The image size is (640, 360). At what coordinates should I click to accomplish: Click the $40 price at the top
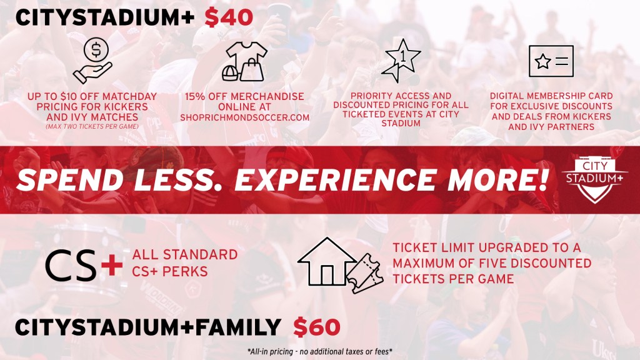229,17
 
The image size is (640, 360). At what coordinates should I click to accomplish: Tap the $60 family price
317,327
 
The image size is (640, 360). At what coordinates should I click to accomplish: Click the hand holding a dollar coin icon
92,61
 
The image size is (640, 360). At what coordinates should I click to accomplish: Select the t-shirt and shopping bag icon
244,61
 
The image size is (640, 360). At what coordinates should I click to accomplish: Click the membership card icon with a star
551,61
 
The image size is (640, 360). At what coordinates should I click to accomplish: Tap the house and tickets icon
341,265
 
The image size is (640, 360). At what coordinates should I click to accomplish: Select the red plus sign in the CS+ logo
112,265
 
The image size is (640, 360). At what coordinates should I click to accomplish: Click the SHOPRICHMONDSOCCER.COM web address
245,117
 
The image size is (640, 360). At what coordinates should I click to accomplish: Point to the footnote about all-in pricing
319,351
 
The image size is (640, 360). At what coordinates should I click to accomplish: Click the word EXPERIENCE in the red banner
336,179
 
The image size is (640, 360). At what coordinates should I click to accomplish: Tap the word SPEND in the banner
70,179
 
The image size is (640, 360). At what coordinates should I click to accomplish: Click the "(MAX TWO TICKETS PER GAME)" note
92,126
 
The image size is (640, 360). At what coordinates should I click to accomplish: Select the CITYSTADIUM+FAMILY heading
147,327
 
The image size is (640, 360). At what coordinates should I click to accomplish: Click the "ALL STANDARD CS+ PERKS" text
184,263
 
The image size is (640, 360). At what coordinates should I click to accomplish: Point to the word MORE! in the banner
498,179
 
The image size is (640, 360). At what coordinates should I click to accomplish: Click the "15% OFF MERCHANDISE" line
244,97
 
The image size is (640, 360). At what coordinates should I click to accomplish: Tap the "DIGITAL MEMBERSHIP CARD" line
551,96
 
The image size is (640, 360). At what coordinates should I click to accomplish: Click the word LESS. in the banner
179,179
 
